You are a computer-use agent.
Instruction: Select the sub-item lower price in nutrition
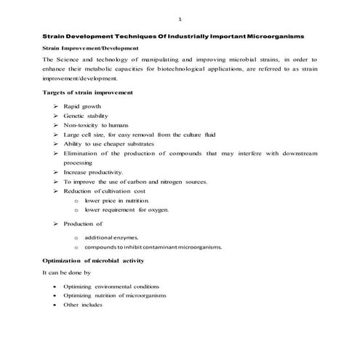pos(117,200)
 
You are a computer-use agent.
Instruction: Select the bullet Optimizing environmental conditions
pos(111,287)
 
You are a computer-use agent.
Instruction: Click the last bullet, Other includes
pos(82,305)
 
